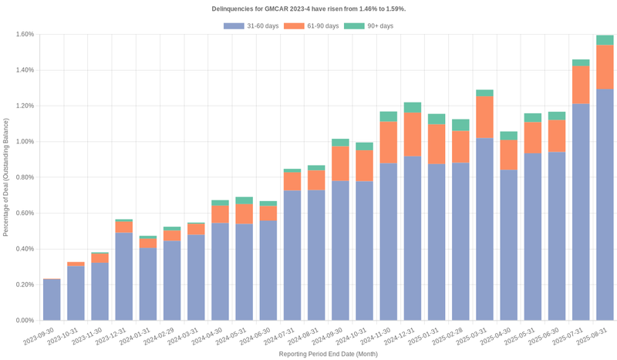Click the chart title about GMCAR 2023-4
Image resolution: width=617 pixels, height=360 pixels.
click(x=308, y=8)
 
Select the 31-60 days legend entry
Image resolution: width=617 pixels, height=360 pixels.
click(x=251, y=26)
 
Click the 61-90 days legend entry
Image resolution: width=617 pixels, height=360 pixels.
click(x=311, y=26)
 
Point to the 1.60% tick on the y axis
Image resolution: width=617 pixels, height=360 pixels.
click(x=24, y=35)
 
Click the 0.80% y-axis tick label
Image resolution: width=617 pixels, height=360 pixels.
click(x=24, y=177)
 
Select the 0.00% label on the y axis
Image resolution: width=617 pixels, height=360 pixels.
click(x=24, y=321)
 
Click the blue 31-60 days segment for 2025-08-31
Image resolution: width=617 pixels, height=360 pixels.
click(x=605, y=204)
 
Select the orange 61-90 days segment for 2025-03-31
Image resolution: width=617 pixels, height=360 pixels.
click(x=484, y=117)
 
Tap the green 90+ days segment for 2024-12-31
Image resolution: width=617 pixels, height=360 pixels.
click(x=413, y=107)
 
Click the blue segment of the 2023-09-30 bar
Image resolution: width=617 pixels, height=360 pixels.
click(x=52, y=300)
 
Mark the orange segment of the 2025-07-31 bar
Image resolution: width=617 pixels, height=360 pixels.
click(x=581, y=85)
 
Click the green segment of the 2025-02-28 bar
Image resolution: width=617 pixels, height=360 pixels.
click(x=460, y=125)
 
